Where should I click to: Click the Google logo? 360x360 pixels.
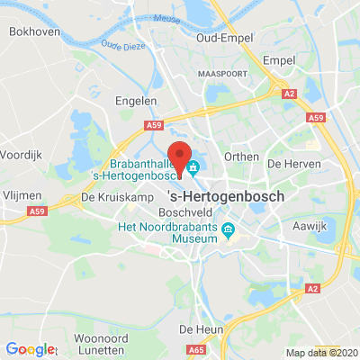tap(31, 349)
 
